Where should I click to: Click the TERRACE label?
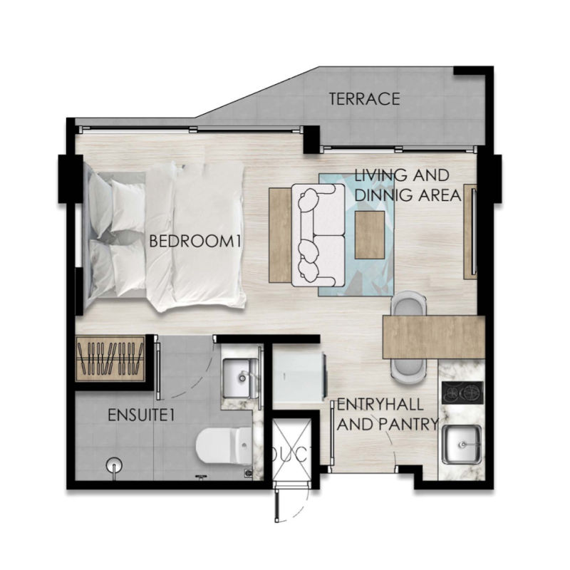pyautogui.click(x=364, y=99)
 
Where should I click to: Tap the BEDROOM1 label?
pyautogui.click(x=195, y=242)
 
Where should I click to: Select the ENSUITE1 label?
pyautogui.click(x=142, y=415)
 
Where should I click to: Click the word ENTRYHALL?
pyautogui.click(x=380, y=404)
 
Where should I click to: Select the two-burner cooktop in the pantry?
pyautogui.click(x=462, y=393)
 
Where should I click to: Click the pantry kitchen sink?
pyautogui.click(x=462, y=444)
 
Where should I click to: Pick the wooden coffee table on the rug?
pyautogui.click(x=370, y=235)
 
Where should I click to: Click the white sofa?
pyautogui.click(x=318, y=235)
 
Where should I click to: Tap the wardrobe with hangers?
pyautogui.click(x=110, y=359)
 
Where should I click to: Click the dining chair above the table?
pyautogui.click(x=408, y=304)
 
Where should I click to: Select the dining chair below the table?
pyautogui.click(x=408, y=371)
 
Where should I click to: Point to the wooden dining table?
pyautogui.click(x=434, y=337)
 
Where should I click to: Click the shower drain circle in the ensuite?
pyautogui.click(x=114, y=465)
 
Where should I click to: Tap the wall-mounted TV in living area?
pyautogui.click(x=474, y=232)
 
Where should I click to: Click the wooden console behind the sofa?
pyautogui.click(x=280, y=235)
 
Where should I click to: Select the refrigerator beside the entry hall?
pyautogui.click(x=299, y=376)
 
